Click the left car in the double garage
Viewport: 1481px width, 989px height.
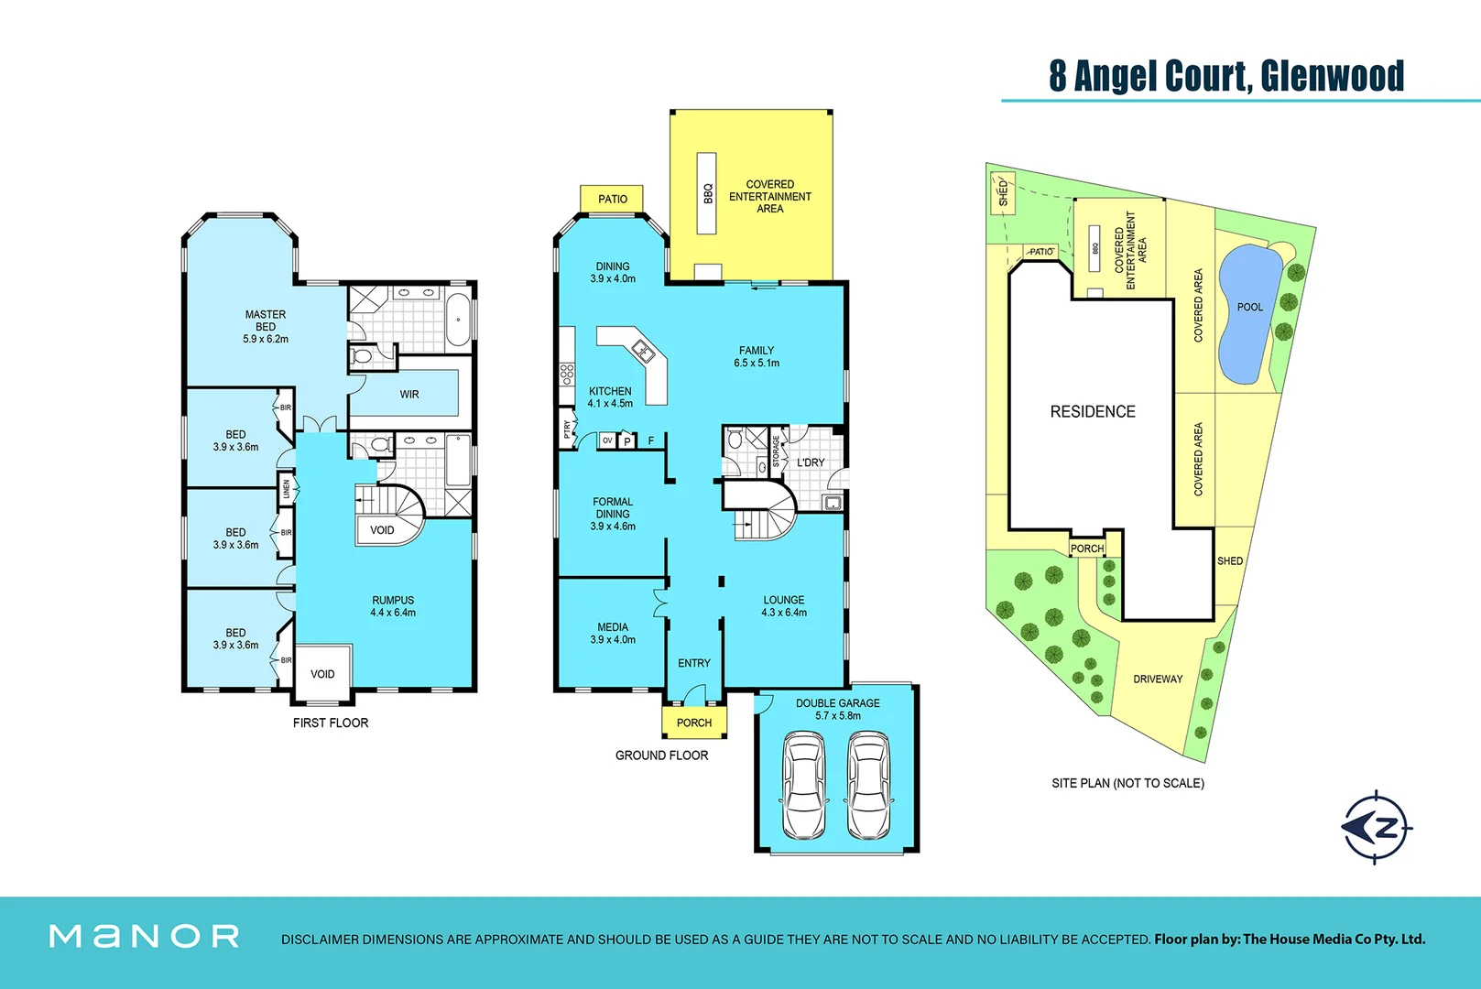click(803, 786)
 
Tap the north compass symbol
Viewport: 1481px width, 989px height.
click(1376, 827)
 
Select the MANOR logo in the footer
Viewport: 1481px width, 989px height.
click(144, 936)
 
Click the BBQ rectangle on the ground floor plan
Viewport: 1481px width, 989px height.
click(706, 193)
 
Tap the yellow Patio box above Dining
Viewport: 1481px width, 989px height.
click(612, 199)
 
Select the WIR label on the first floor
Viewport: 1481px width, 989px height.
click(409, 395)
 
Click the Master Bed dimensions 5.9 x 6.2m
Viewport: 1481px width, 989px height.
click(266, 339)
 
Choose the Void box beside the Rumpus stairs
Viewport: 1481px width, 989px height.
click(382, 530)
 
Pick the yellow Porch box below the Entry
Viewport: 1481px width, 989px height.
click(694, 722)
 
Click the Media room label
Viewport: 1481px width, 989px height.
click(613, 627)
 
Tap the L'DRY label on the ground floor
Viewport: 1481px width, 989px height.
click(811, 462)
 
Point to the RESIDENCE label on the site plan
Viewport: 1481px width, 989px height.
click(1093, 412)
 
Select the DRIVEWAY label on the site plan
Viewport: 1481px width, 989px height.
click(1158, 679)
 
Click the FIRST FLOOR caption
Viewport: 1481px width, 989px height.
click(331, 723)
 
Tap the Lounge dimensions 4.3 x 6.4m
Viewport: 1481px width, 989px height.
click(784, 613)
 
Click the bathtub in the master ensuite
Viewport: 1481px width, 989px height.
click(459, 320)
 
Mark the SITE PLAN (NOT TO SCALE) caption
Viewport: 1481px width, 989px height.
click(1127, 783)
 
